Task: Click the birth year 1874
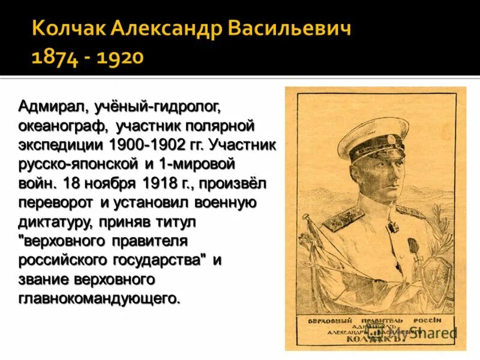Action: coord(54,58)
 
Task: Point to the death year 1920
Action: coord(119,58)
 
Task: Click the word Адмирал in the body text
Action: coord(53,107)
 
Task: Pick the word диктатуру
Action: coord(54,221)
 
